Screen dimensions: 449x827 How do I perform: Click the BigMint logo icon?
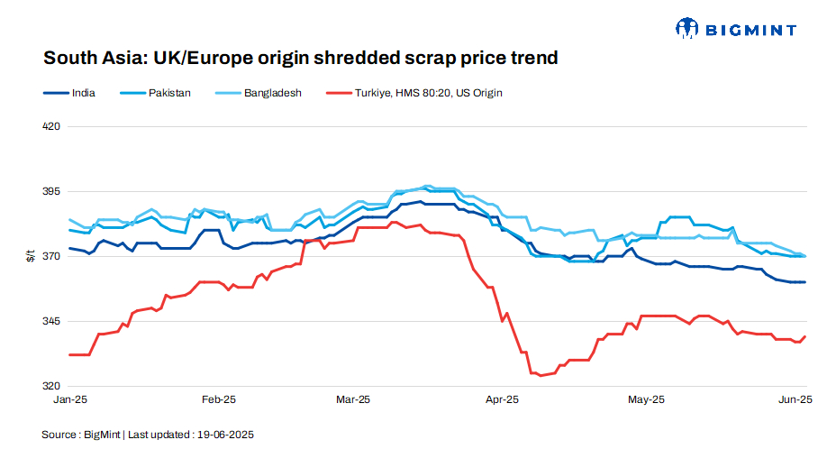tap(687, 29)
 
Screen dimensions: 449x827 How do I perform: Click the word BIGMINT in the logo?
tap(750, 30)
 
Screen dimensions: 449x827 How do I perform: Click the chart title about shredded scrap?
tap(301, 59)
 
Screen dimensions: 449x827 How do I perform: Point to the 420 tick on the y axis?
tap(51, 127)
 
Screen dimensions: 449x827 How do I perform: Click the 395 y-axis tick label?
tap(51, 192)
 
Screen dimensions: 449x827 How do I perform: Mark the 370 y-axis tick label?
tap(51, 257)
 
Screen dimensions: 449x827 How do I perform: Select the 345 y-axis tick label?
tap(51, 322)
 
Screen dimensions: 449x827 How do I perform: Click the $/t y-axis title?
tap(29, 257)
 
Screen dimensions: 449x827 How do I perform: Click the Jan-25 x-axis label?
tap(70, 399)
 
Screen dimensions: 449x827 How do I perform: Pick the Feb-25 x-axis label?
tap(218, 399)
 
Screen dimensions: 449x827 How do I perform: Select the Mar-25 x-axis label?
tap(352, 399)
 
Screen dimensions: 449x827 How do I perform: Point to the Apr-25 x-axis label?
tap(502, 399)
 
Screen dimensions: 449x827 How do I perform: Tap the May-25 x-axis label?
tap(646, 399)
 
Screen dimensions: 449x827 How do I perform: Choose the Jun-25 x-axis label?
tap(795, 399)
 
